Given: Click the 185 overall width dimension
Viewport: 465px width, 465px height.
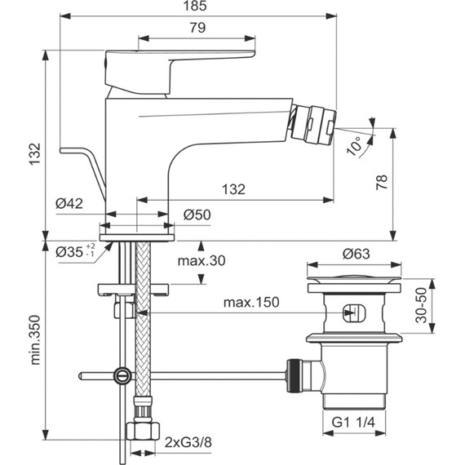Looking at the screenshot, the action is coord(195,6).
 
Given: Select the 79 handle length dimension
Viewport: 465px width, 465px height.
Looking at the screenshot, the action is coord(197,28).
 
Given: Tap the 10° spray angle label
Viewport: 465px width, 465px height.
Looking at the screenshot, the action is coord(354,145).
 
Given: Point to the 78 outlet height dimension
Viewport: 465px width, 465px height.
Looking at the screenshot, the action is coord(382,182).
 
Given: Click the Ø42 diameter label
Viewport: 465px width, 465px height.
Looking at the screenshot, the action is coord(69,203).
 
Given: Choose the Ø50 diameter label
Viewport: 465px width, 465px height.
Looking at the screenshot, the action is coord(197,215).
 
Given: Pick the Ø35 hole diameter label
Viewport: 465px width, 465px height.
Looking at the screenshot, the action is coord(75,252).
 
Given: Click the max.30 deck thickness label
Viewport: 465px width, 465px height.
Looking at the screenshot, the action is coord(201,261).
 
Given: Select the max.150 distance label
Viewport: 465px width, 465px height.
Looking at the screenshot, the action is coord(251,302).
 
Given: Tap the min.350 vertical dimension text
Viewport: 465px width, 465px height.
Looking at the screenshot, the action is coord(35,340).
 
